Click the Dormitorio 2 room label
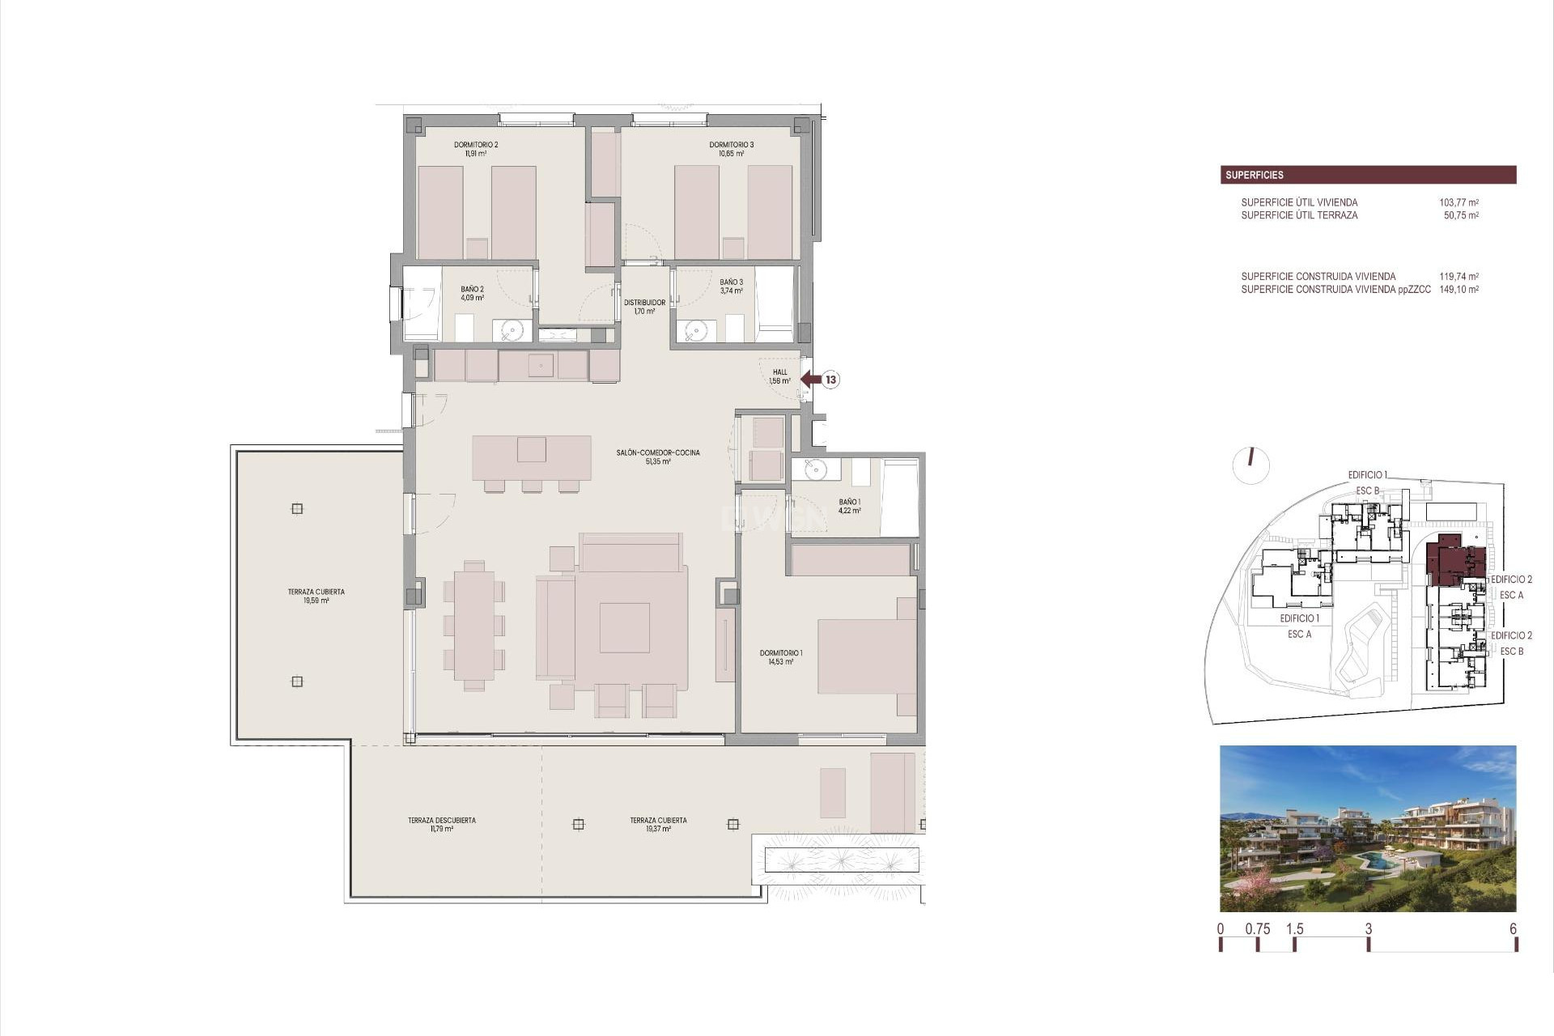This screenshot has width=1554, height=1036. point(476,149)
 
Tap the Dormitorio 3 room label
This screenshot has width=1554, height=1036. point(732,149)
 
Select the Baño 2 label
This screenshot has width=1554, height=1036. point(473,293)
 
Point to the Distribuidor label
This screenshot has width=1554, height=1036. point(644,307)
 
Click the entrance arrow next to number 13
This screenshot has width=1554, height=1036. point(810,379)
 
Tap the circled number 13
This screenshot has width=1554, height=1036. point(831,379)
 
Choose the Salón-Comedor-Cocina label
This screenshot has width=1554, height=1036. point(658,456)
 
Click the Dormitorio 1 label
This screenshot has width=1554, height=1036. point(781,657)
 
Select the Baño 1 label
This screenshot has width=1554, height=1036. point(850,507)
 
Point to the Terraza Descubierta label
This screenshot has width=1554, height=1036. point(442,824)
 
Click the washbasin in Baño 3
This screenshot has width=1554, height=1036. point(696,330)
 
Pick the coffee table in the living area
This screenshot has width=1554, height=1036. point(625,628)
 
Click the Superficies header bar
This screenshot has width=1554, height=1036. point(1368,175)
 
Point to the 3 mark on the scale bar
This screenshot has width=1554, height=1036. point(1369,929)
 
